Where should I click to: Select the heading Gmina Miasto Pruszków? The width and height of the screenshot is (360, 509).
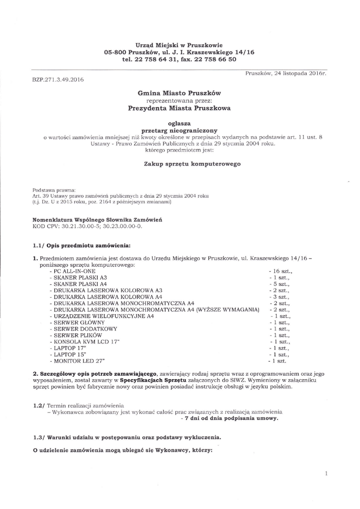click(179, 92)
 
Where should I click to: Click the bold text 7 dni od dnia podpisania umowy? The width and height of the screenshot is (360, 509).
click(230, 419)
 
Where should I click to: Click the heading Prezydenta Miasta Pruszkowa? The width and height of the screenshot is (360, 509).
click(179, 107)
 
